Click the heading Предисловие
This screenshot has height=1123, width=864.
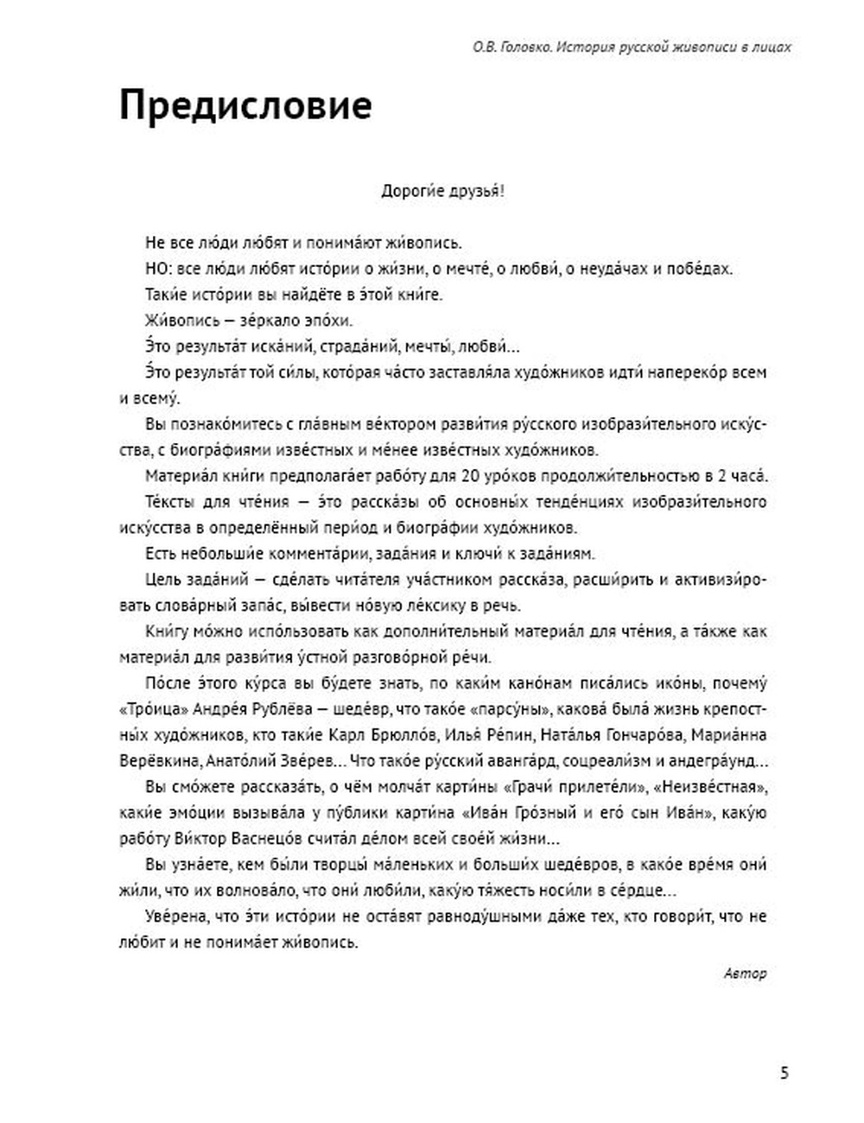pyautogui.click(x=245, y=106)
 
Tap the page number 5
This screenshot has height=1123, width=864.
pyautogui.click(x=784, y=1074)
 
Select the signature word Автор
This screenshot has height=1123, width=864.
pyautogui.click(x=745, y=974)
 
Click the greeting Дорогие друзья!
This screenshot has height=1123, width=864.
pyautogui.click(x=442, y=191)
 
